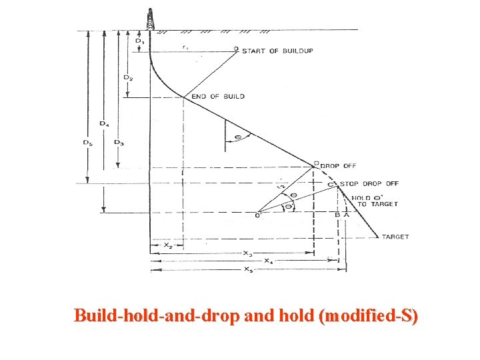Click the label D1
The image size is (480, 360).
tap(139, 41)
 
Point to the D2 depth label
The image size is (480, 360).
tap(127, 77)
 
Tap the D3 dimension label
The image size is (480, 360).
tap(117, 142)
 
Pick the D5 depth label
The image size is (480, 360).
tap(88, 142)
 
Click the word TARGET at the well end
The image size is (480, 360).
tap(396, 237)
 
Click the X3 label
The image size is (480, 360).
tap(247, 254)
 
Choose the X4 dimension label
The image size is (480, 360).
tap(268, 261)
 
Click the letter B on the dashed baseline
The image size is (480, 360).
tap(337, 215)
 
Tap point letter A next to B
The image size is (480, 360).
tap(346, 215)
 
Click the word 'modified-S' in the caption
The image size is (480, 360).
tap(369, 315)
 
